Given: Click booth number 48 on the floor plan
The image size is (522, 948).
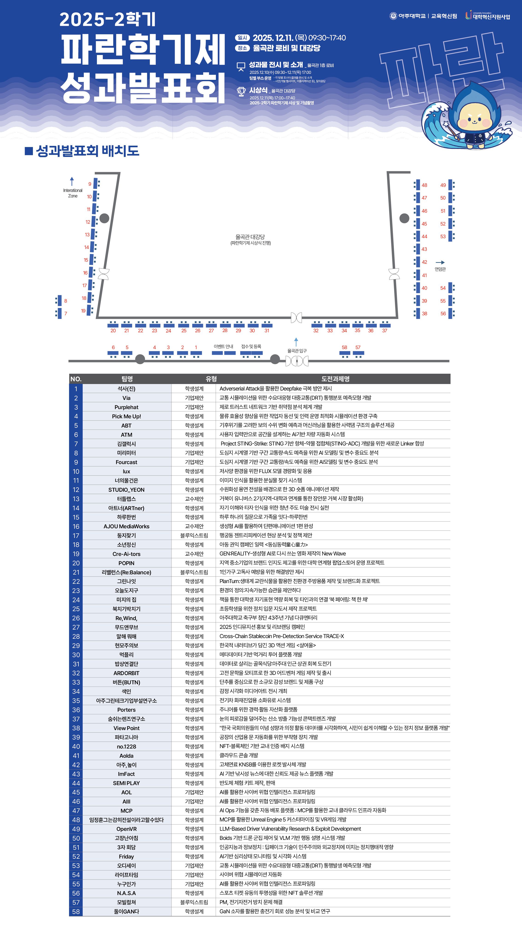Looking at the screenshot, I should pyautogui.click(x=424, y=185).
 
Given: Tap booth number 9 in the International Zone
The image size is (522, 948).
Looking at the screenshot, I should pyautogui.click(x=90, y=184).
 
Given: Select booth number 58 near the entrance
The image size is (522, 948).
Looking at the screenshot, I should pyautogui.click(x=344, y=347).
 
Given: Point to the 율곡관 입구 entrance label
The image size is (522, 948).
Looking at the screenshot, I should pyautogui.click(x=297, y=351).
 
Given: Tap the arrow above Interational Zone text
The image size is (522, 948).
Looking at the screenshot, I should pyautogui.click(x=72, y=181).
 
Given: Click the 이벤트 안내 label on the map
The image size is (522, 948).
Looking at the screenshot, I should pyautogui.click(x=223, y=346).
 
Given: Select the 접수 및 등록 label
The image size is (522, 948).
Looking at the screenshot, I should pyautogui.click(x=251, y=346).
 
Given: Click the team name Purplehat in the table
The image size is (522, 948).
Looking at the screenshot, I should pyautogui.click(x=126, y=407).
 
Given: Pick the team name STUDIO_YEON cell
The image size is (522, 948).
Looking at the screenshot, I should pyautogui.click(x=126, y=489).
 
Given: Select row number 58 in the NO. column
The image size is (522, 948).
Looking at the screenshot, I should pyautogui.click(x=76, y=911).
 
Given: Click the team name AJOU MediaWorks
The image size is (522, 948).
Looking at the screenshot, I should pyautogui.click(x=126, y=526).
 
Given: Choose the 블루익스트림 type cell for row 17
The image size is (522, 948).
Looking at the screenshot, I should pyautogui.click(x=194, y=535).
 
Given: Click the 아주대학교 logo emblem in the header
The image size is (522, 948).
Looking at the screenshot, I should pyautogui.click(x=393, y=16).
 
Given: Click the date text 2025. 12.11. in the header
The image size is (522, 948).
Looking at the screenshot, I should pyautogui.click(x=273, y=38).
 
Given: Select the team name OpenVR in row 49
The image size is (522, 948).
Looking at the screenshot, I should pyautogui.click(x=126, y=829).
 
